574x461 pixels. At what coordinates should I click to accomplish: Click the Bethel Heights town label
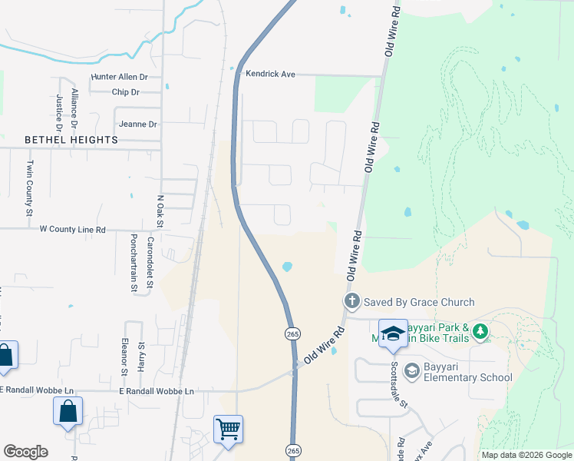point(71,140)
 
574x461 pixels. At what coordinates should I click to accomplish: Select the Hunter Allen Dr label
point(119,78)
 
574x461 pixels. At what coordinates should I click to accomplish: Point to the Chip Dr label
point(124,92)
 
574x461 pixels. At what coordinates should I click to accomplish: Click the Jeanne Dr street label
point(138,124)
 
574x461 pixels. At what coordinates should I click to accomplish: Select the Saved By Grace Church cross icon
point(351,301)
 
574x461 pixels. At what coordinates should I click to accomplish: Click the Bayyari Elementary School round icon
point(411,370)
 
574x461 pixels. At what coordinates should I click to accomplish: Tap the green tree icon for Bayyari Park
point(480,331)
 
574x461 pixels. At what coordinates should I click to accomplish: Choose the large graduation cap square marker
point(393,333)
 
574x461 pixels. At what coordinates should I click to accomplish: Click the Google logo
point(25,451)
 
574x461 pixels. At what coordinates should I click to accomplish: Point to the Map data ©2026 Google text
point(526,455)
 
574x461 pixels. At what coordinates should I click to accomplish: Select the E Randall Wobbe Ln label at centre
point(157,391)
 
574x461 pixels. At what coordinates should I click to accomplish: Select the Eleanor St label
point(124,359)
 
